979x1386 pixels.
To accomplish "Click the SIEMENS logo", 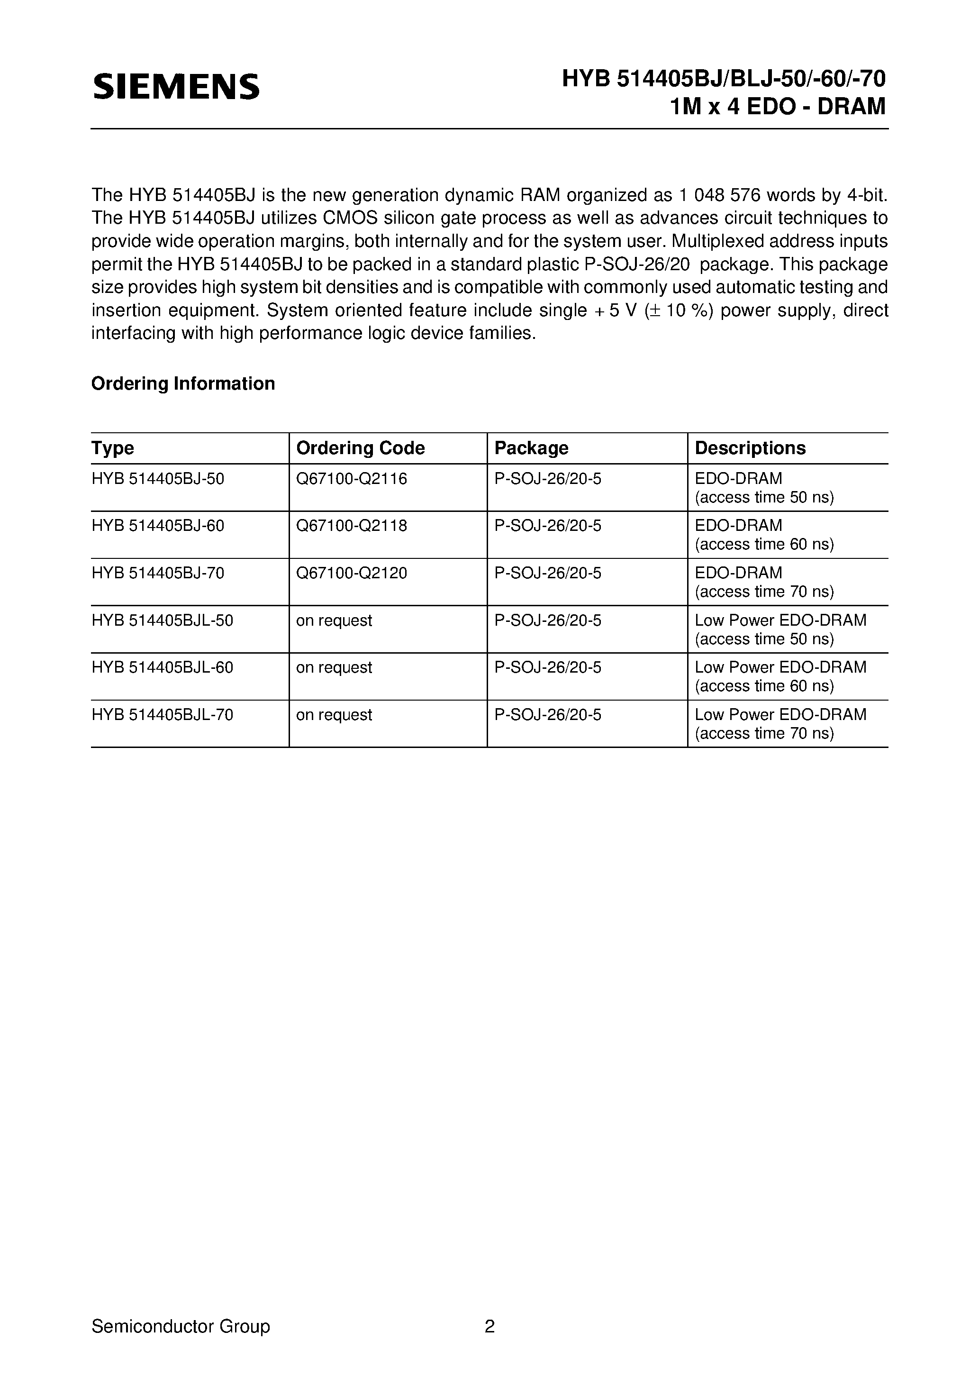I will point(176,87).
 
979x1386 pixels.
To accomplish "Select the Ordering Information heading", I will point(183,383).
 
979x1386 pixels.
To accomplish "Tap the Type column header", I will point(113,448).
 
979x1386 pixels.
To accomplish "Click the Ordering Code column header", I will point(360,448).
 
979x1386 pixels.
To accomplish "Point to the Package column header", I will point(531,448).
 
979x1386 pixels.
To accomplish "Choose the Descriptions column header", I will point(750,448).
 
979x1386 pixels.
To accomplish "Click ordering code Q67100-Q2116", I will point(351,479).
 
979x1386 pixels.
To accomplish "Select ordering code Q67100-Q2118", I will point(351,526).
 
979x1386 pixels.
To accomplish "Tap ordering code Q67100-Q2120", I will point(351,573).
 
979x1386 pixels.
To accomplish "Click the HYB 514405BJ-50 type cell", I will point(158,479).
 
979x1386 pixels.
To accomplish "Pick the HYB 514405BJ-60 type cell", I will point(158,526).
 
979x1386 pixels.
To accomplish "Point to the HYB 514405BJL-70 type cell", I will point(163,715).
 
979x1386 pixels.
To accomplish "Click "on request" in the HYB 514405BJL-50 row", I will point(334,620).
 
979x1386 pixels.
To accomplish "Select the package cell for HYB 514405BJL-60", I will point(547,668).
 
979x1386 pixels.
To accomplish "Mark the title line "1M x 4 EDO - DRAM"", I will point(778,106).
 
